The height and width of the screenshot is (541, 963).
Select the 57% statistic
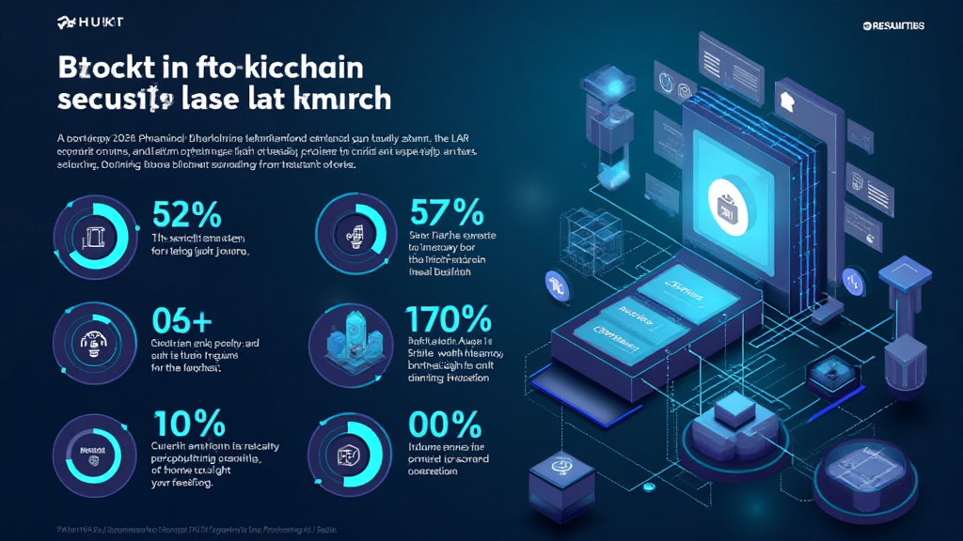point(447,210)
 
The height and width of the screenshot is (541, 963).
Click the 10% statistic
point(187,422)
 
